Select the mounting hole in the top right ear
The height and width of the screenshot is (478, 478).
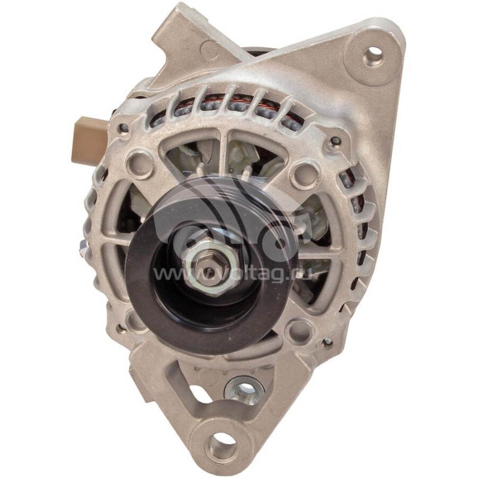click(x=373, y=54)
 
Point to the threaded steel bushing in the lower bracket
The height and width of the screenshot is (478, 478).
click(x=244, y=391)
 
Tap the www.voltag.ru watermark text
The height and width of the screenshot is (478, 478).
click(x=232, y=273)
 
